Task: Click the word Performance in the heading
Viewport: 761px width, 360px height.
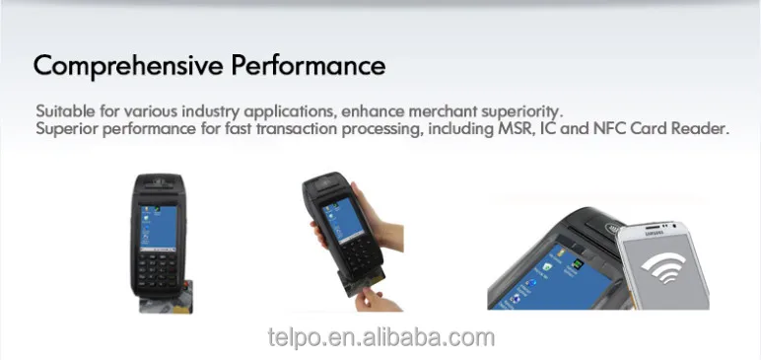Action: pyautogui.click(x=309, y=66)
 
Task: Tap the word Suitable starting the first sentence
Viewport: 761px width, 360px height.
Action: pyautogui.click(x=62, y=110)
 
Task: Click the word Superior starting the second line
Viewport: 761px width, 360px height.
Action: pyautogui.click(x=64, y=129)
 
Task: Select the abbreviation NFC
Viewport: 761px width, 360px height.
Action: pyautogui.click(x=607, y=129)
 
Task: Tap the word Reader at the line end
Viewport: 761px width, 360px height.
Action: pyautogui.click(x=701, y=129)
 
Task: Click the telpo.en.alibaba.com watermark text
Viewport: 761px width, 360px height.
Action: pyautogui.click(x=380, y=338)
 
